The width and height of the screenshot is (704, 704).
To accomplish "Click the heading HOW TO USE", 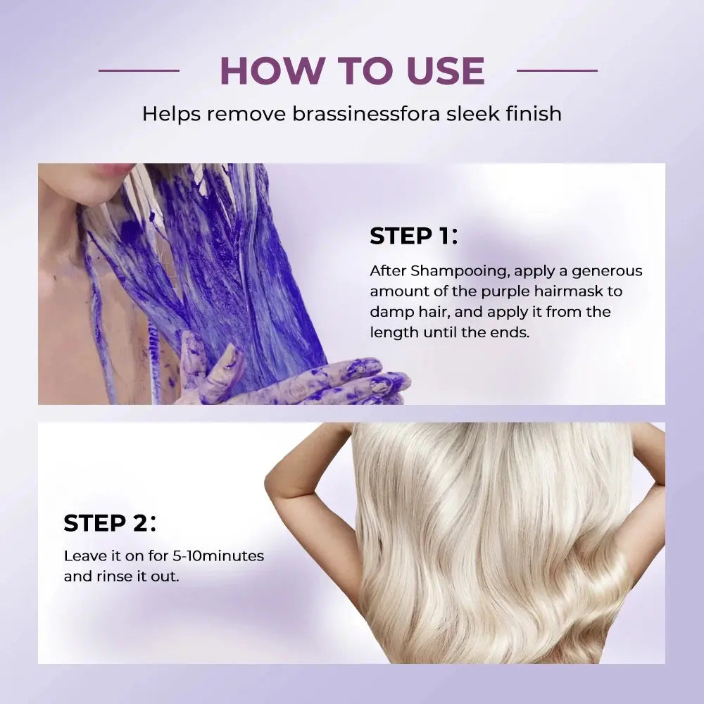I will coord(352,70).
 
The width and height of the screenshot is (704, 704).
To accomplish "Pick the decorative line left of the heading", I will coord(139,70).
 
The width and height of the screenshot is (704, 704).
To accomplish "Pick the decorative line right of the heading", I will coord(557,70).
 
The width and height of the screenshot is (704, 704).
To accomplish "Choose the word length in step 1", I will coord(394,332).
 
